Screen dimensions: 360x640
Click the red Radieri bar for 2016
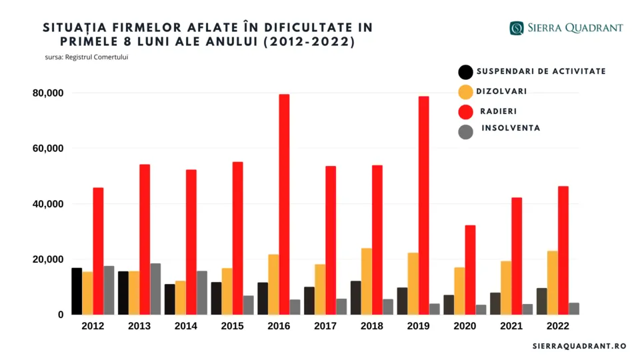pyautogui.click(x=284, y=204)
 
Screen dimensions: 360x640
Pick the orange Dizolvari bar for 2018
pyautogui.click(x=366, y=281)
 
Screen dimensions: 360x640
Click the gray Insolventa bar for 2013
pyautogui.click(x=155, y=289)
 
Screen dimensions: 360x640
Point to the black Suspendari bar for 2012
pyautogui.click(x=77, y=291)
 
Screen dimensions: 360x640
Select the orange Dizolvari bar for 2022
pyautogui.click(x=552, y=282)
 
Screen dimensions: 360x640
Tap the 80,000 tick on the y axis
pyautogui.click(x=47, y=93)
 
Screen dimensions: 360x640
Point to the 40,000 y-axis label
pyautogui.click(x=47, y=204)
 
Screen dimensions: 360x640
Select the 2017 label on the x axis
pyautogui.click(x=325, y=327)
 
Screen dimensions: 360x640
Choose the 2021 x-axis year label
pyautogui.click(x=511, y=327)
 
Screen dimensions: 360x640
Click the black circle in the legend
pyautogui.click(x=465, y=72)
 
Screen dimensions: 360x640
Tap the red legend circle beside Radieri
pyautogui.click(x=465, y=112)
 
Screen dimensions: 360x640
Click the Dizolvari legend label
pyautogui.click(x=501, y=91)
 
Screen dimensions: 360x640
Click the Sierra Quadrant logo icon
pyautogui.click(x=517, y=28)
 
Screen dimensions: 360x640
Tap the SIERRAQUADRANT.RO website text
pyautogui.click(x=579, y=346)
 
